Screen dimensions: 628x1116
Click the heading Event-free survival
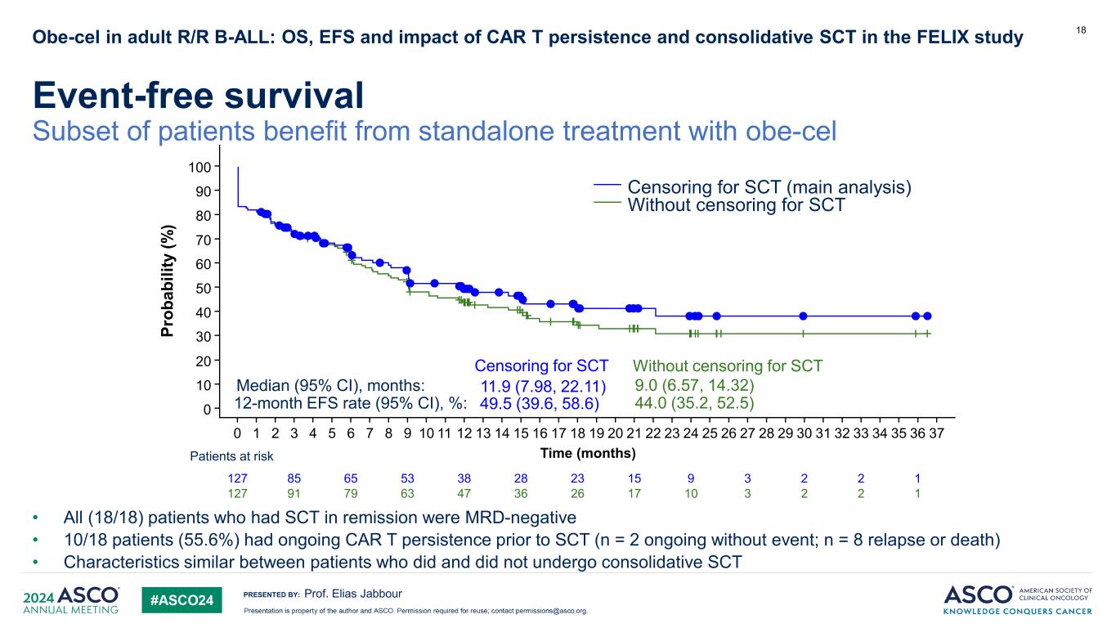click(x=197, y=97)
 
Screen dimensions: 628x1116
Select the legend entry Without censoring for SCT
click(x=735, y=206)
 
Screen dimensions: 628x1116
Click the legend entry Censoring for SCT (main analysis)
click(x=769, y=187)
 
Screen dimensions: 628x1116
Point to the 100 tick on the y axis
click(x=201, y=167)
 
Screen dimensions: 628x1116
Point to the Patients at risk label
click(x=233, y=456)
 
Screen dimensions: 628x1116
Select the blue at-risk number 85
click(x=294, y=478)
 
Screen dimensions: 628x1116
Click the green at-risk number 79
click(x=351, y=493)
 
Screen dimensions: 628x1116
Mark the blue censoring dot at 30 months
click(x=803, y=316)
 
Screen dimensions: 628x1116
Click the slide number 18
click(x=1081, y=30)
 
